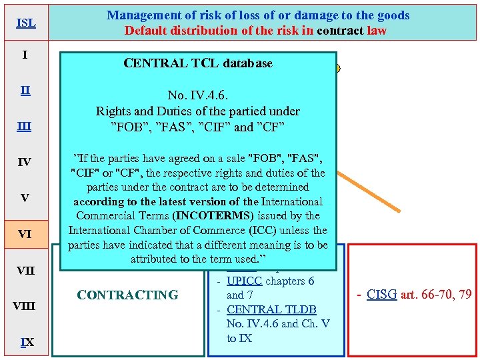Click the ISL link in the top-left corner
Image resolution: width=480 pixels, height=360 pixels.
point(25,23)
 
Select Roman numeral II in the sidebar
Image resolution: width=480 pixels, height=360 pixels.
point(25,90)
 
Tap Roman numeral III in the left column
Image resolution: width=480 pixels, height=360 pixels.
point(25,126)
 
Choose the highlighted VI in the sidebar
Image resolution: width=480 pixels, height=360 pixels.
point(25,234)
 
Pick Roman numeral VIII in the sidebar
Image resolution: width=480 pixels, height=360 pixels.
point(25,306)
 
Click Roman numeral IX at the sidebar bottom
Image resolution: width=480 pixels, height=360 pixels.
point(25,342)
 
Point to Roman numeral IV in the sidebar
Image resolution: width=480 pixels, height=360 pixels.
point(25,162)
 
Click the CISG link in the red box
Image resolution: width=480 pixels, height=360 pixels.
point(383,295)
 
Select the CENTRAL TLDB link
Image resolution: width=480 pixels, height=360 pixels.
point(271,309)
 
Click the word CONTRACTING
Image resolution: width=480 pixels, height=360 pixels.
point(127,295)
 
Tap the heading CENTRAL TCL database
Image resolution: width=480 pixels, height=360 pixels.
point(198,63)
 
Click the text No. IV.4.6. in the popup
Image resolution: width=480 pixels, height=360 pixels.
point(198,95)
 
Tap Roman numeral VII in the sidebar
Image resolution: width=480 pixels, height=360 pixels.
point(25,270)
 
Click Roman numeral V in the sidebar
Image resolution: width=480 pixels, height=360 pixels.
point(25,198)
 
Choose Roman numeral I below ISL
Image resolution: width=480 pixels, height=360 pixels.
point(25,54)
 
